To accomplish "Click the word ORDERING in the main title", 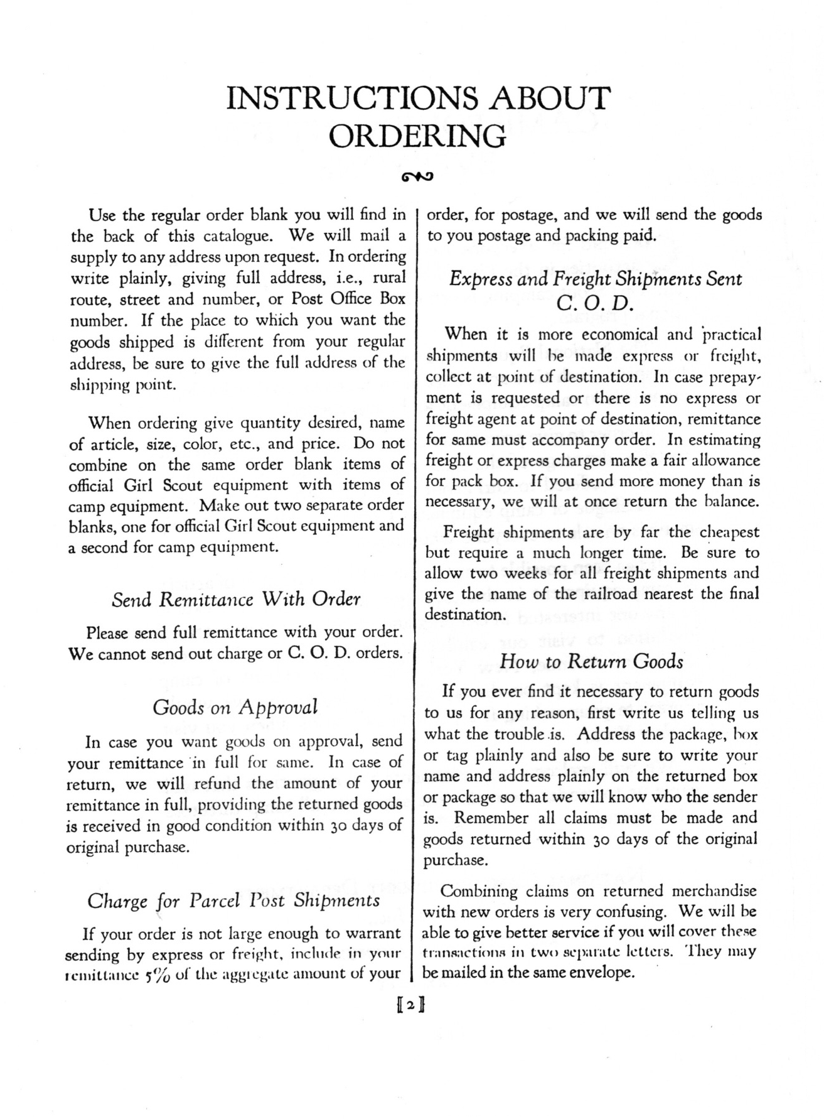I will (x=417, y=136).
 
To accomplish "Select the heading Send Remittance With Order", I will (x=236, y=600).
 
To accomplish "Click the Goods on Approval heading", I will (x=235, y=708).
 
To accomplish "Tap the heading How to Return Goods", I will (x=591, y=661).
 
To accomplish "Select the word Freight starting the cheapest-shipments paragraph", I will (x=469, y=532).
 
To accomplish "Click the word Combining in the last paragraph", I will (x=479, y=891).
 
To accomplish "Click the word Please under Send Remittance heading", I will (x=110, y=632).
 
